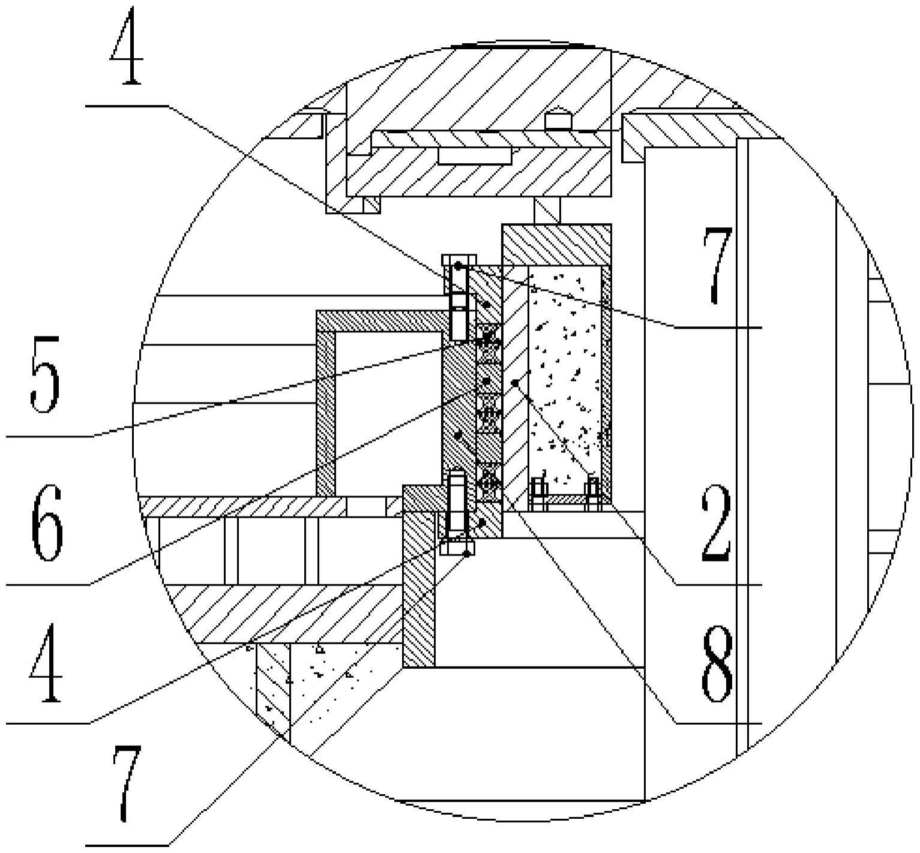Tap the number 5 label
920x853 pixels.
coord(46,374)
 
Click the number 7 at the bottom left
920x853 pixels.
coord(127,783)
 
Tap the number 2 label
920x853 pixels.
coord(716,523)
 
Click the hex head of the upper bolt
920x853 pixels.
coord(459,259)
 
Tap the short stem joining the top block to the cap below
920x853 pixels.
coord(547,211)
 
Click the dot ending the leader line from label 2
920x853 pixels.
coord(515,382)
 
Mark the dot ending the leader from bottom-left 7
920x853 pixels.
coord(467,554)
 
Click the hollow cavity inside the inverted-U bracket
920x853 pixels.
coord(384,414)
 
